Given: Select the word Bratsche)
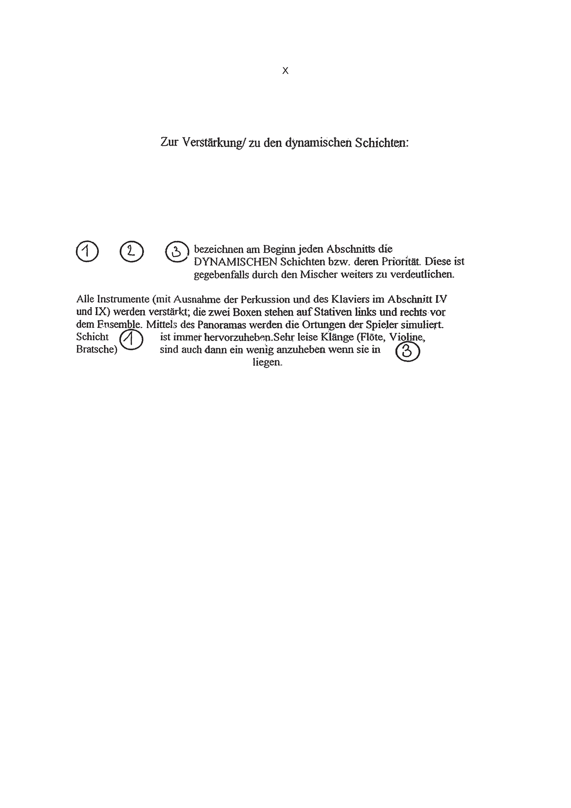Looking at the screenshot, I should [x=97, y=350].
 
